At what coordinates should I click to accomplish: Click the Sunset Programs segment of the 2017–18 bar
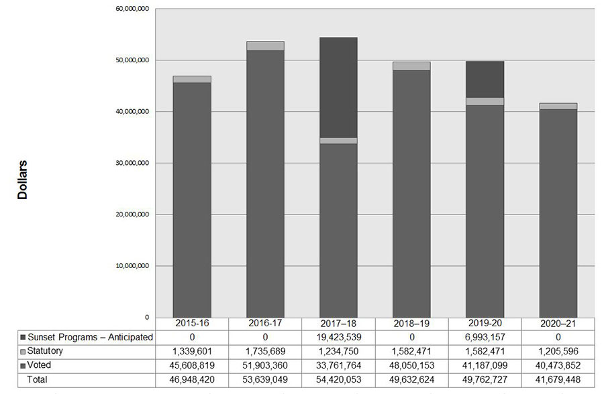338,87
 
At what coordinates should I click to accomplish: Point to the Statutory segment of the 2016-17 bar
265,46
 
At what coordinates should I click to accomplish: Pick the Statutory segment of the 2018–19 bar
411,66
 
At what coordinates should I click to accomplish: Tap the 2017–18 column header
338,324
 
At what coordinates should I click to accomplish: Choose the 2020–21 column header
558,324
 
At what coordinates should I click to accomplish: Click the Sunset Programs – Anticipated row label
90,337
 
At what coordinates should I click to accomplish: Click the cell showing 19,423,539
338,337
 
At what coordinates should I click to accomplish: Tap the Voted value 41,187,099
485,365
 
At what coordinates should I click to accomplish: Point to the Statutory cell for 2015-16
192,350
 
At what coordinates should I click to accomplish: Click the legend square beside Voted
23,365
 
